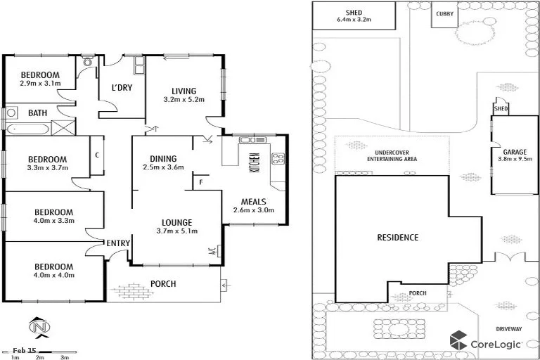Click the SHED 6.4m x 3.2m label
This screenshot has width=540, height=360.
(x=353, y=16)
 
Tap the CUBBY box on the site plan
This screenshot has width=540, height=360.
(x=444, y=14)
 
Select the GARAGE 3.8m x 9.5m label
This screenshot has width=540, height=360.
(x=510, y=155)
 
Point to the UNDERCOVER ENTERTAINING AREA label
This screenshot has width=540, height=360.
(x=392, y=156)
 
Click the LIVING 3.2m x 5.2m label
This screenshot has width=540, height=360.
(x=184, y=95)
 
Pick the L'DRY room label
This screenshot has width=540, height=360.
(x=122, y=89)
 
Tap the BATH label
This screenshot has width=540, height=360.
(x=37, y=112)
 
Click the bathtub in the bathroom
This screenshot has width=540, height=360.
(x=28, y=129)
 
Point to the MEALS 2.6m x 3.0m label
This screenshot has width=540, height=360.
(x=253, y=205)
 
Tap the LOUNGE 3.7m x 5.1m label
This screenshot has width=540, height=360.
(x=176, y=226)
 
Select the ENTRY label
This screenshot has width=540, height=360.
(x=118, y=243)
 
